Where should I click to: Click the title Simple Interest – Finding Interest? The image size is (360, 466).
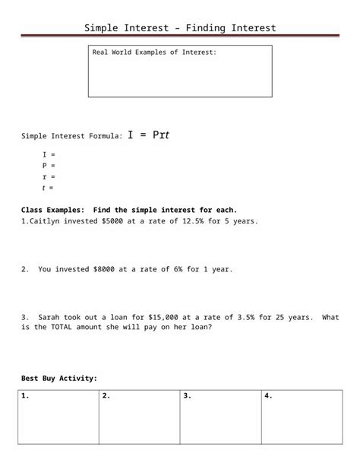point(180,28)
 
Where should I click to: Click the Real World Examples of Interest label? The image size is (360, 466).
point(154,52)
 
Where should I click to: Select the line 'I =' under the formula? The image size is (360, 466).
point(49,154)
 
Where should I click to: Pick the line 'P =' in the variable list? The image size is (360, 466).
point(49,165)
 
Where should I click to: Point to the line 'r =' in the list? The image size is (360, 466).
point(49,176)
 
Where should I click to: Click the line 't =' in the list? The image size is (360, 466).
point(49,187)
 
